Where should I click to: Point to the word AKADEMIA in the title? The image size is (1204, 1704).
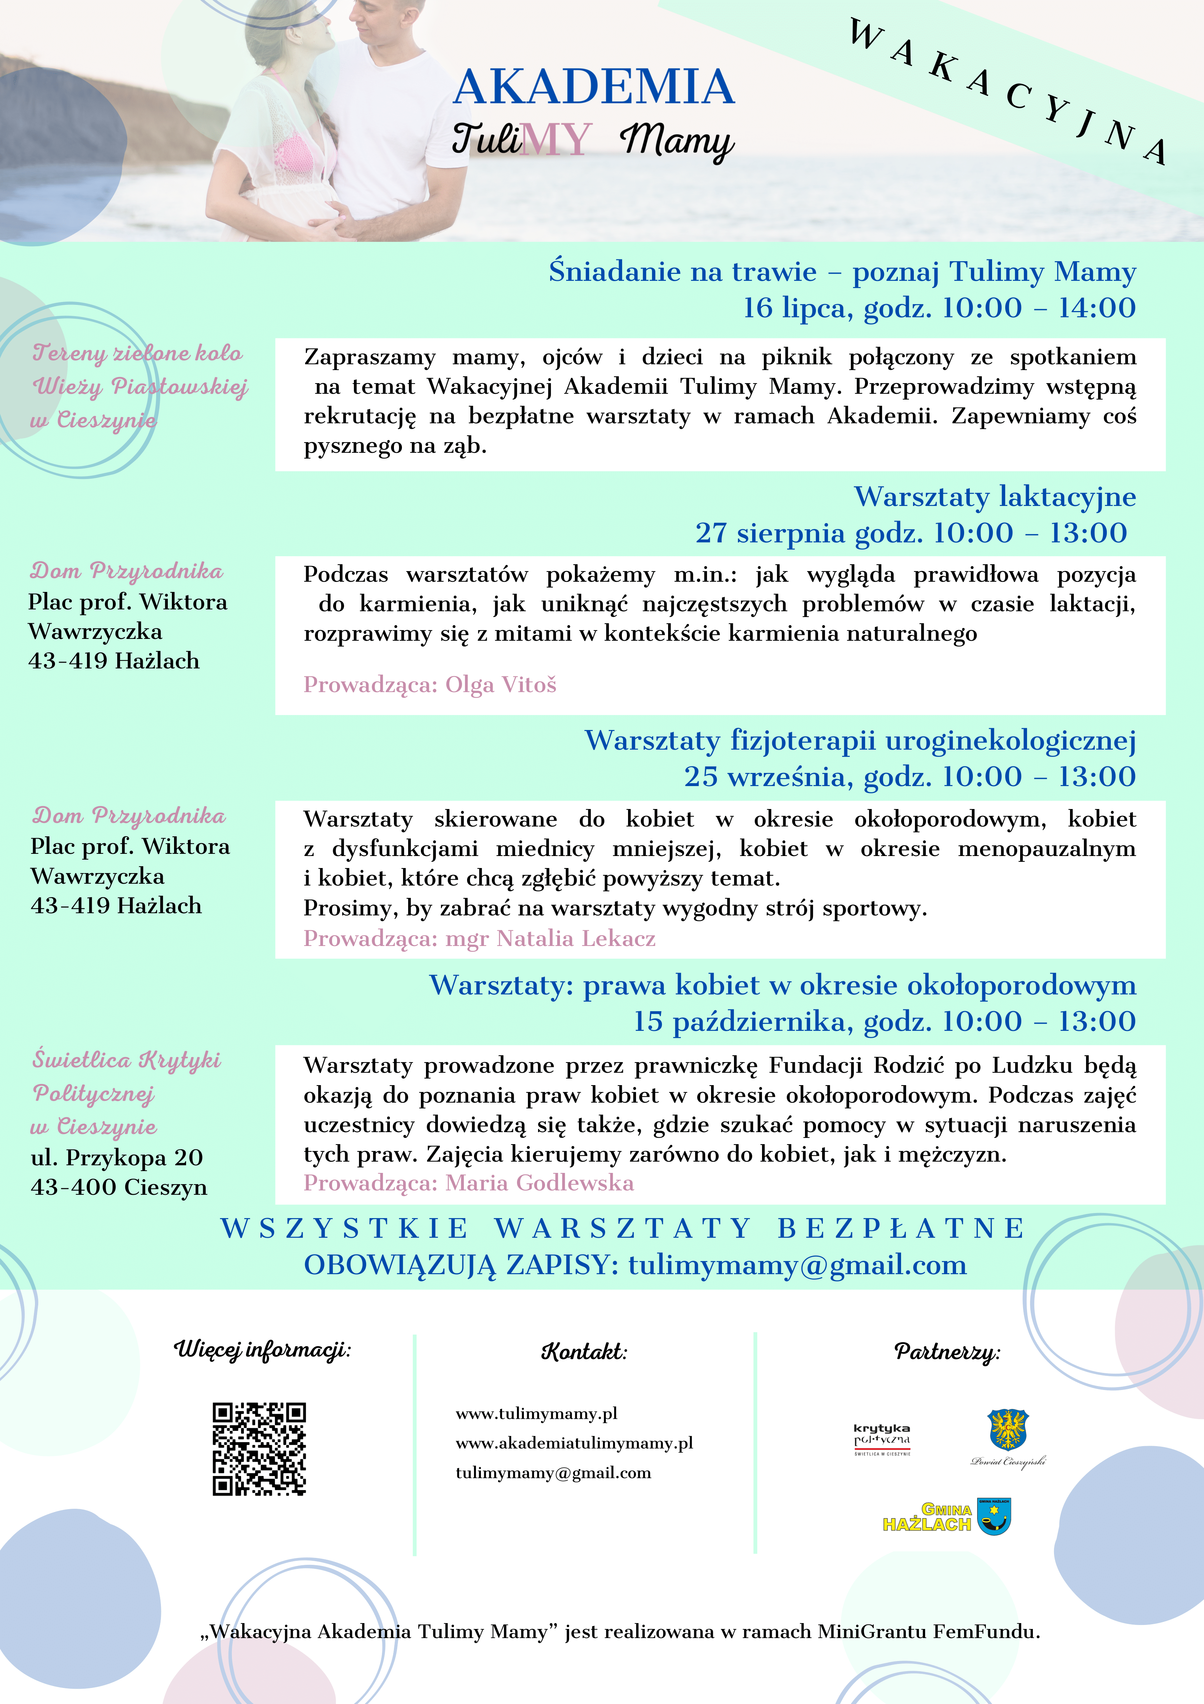pos(593,87)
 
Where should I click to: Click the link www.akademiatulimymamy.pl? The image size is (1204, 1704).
pos(574,1444)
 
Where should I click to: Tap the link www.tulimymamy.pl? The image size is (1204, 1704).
pos(536,1414)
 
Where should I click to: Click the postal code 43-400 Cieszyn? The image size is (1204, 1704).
pos(119,1187)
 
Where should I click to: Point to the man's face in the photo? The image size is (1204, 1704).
pos(378,26)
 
